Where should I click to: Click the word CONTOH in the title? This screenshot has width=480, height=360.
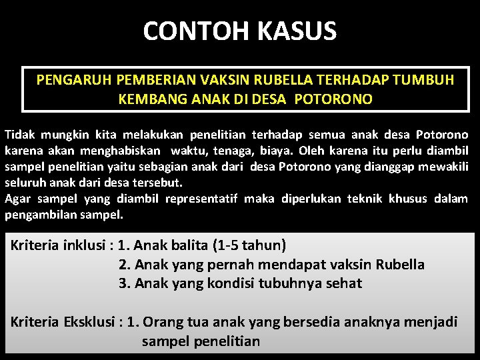[x=185, y=31]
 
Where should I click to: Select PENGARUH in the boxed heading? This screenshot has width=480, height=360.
[x=74, y=81]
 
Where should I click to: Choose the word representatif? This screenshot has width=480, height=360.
[x=203, y=199]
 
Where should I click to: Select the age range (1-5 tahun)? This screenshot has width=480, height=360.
[x=249, y=245]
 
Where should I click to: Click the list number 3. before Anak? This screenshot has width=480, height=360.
[x=125, y=283]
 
